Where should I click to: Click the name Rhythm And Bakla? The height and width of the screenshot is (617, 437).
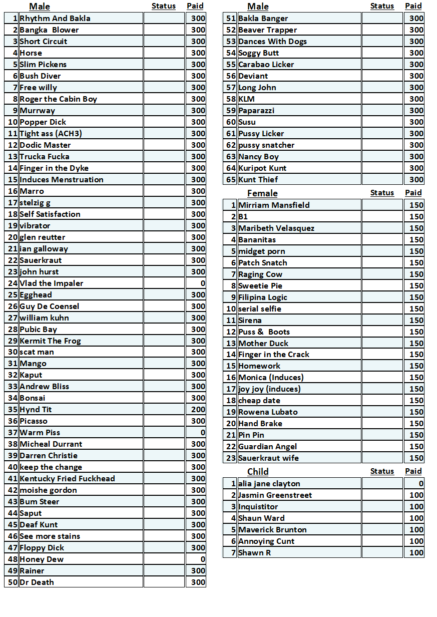[55, 19]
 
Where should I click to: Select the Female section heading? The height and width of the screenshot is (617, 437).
[262, 193]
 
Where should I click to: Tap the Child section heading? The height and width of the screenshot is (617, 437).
[258, 472]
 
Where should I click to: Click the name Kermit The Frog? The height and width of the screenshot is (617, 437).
[50, 341]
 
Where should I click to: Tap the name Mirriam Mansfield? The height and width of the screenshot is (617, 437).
[274, 205]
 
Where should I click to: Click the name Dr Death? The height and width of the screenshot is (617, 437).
[37, 582]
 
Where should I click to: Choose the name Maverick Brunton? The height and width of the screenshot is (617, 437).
[272, 530]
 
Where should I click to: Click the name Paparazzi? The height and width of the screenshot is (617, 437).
[256, 111]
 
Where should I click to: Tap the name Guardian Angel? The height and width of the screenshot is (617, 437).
[267, 447]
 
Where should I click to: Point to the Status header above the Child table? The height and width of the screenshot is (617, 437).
[382, 471]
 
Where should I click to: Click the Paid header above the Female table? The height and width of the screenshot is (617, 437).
[413, 193]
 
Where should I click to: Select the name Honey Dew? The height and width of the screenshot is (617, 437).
[42, 559]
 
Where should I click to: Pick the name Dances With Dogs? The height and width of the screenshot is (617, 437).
[272, 42]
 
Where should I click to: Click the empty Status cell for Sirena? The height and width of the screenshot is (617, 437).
[382, 321]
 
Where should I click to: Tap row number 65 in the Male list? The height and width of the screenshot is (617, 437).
[231, 180]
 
